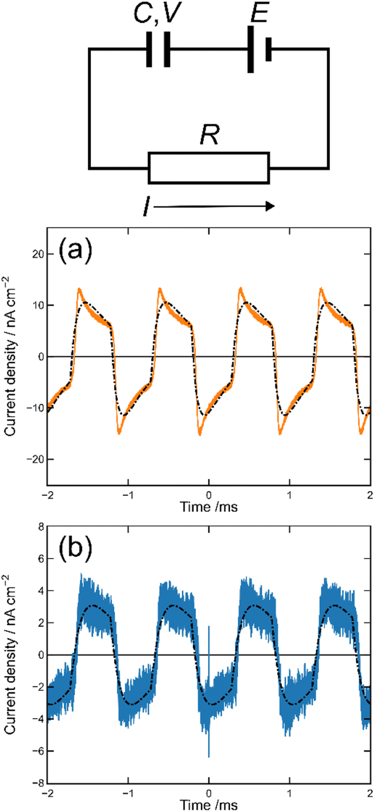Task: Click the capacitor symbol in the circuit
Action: pos(158,50)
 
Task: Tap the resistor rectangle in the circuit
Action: pos(208,168)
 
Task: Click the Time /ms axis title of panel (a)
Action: pos(208,506)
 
